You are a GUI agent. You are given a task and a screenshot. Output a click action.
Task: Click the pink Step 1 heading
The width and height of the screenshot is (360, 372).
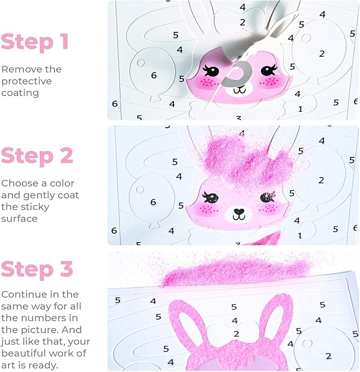coord(35,41)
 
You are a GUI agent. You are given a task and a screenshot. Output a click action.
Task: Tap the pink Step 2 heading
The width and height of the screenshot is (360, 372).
coord(37,155)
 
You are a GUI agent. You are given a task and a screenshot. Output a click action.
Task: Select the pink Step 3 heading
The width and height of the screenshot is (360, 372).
coord(37,269)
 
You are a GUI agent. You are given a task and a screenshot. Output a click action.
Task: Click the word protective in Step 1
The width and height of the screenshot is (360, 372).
coord(27,82)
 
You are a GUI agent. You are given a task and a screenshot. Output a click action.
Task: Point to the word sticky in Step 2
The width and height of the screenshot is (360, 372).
coord(25,207)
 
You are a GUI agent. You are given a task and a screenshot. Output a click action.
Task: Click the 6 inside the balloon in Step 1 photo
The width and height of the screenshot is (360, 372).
coord(154,75)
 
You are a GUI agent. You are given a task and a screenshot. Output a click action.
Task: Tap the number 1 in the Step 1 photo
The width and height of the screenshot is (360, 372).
coord(301,109)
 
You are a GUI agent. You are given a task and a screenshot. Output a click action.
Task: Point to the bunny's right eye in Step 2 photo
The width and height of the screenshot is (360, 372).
coord(268,197)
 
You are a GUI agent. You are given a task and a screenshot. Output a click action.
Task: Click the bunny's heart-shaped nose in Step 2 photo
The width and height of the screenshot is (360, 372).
coord(239,211)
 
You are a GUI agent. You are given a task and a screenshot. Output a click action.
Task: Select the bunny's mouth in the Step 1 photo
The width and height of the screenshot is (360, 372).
coord(240,90)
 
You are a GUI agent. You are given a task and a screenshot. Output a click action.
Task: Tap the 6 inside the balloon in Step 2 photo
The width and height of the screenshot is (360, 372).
coord(153,202)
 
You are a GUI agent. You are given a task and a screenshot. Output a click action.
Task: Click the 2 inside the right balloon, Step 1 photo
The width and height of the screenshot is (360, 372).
coord(322,54)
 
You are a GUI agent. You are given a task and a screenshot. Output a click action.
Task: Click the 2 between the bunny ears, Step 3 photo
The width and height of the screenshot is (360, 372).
coord(236,334)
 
